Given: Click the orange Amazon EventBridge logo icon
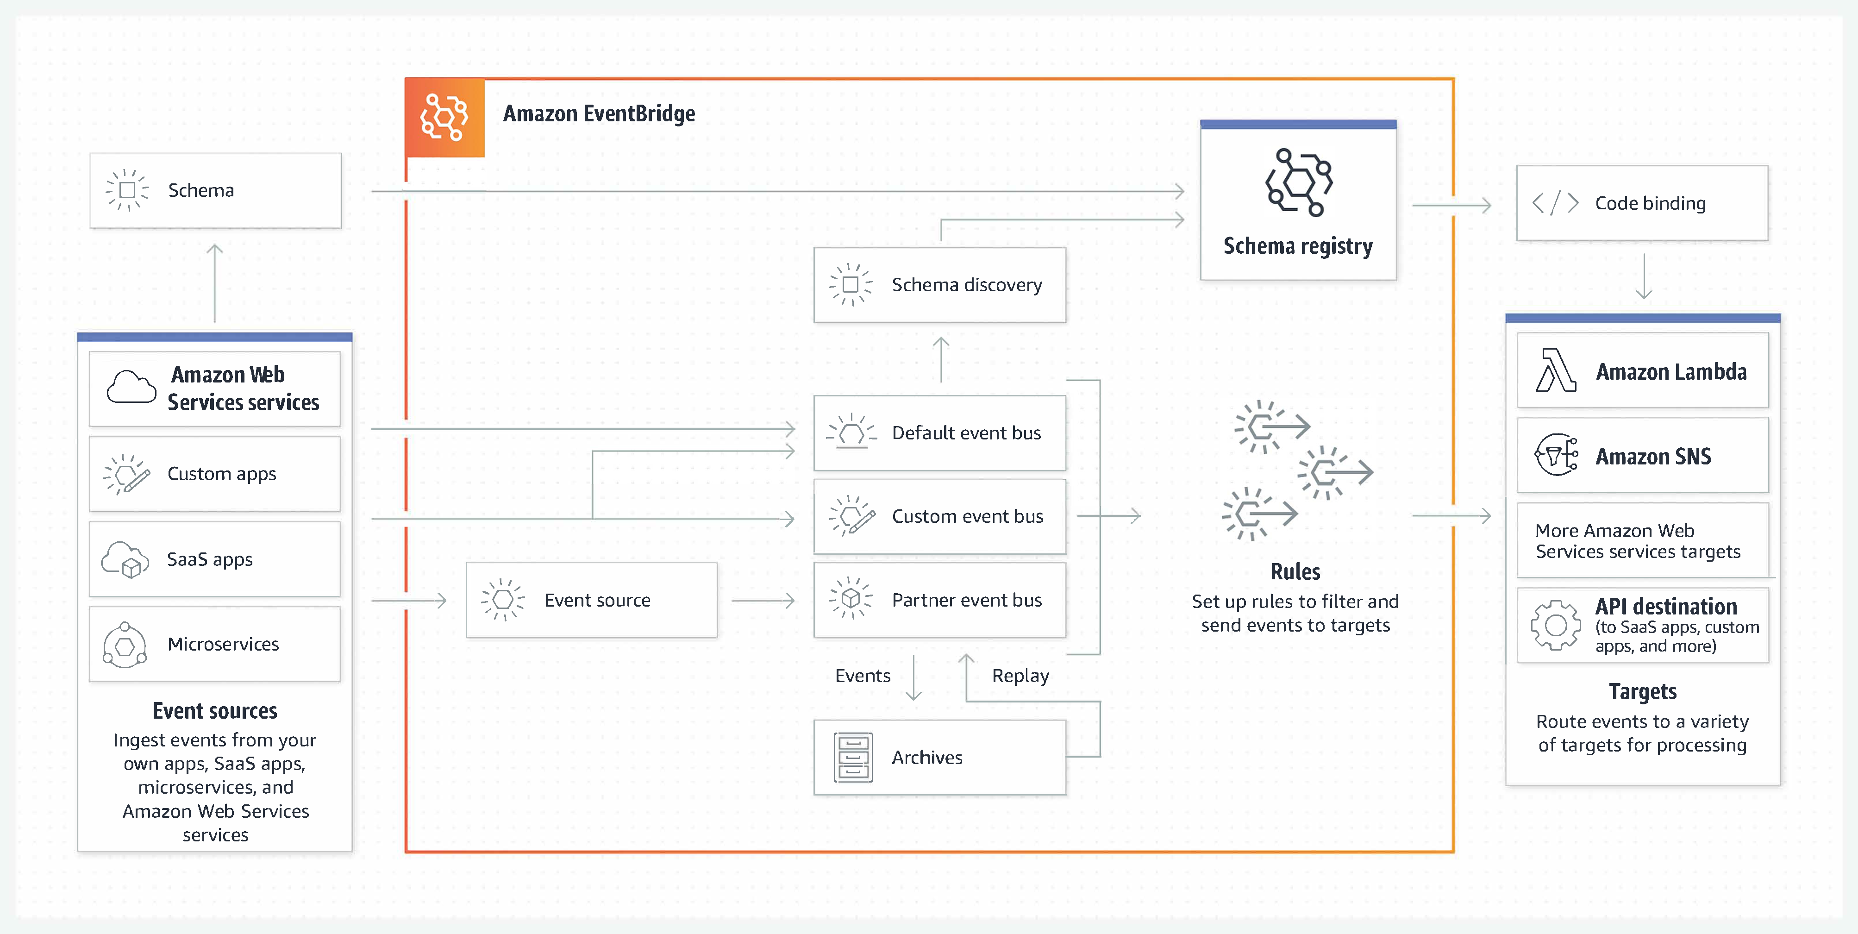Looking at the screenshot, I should click(x=444, y=117).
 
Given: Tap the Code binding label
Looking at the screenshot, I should click(x=1650, y=203).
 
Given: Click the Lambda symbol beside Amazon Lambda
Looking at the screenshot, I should click(x=1555, y=371).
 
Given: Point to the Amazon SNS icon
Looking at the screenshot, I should click(x=1556, y=455).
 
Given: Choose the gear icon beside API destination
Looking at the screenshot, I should click(x=1556, y=625).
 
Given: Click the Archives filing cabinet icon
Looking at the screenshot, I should click(x=852, y=757).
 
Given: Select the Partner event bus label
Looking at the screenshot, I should click(x=967, y=600).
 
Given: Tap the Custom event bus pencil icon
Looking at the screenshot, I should click(x=852, y=516).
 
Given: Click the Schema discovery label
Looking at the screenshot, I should click(x=967, y=285).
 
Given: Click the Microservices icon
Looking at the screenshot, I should click(x=125, y=644).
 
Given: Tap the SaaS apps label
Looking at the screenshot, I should click(x=209, y=560).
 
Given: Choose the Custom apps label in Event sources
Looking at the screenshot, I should click(x=221, y=474).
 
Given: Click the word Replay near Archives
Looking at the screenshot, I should click(x=1020, y=676).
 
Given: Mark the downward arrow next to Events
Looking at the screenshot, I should click(x=914, y=678).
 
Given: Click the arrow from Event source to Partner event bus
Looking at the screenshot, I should click(x=763, y=600).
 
